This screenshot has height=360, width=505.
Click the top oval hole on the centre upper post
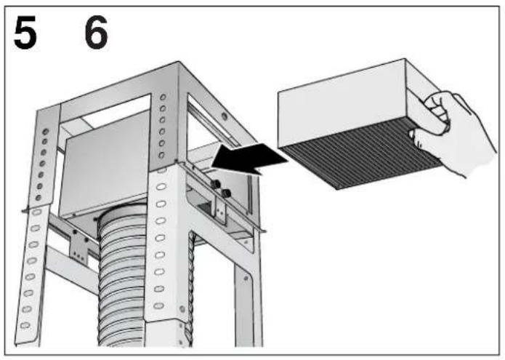pyautogui.click(x=163, y=96)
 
